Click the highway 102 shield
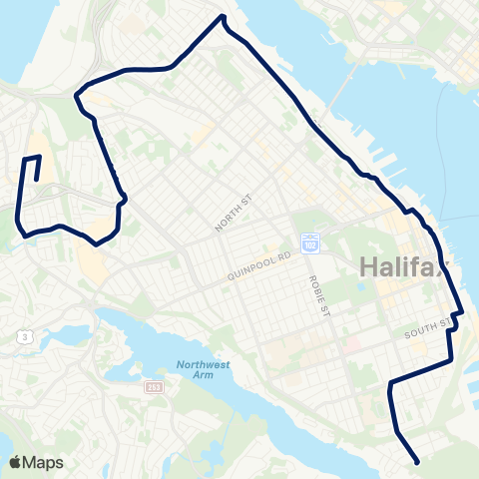(x=309, y=242)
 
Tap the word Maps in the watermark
(x=44, y=462)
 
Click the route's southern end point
(x=415, y=461)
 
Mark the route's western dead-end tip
(x=37, y=181)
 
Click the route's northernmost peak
(x=223, y=17)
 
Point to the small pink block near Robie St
(x=350, y=344)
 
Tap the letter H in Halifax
(x=363, y=266)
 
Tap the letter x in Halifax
(x=442, y=267)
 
